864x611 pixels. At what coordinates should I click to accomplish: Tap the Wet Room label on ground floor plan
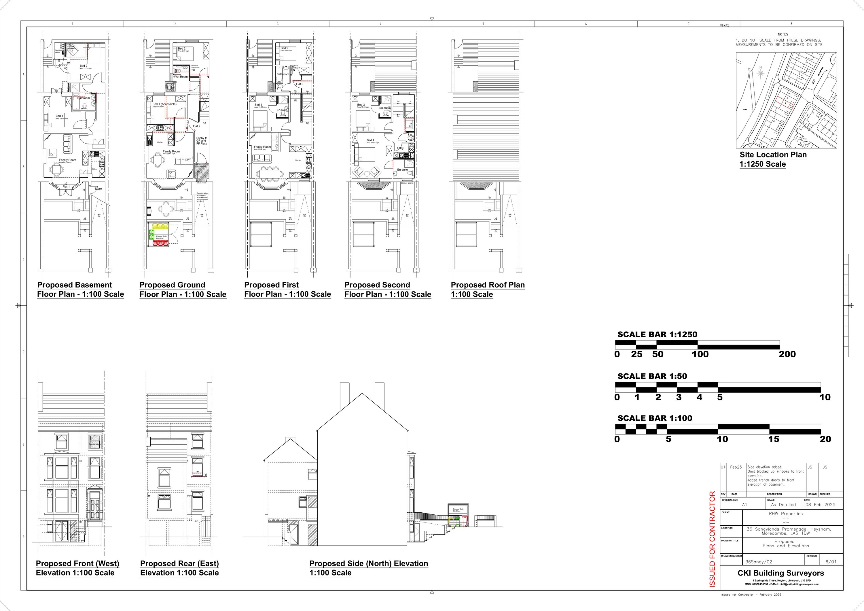pyautogui.click(x=181, y=77)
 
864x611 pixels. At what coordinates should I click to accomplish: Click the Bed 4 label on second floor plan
pyautogui.click(x=370, y=140)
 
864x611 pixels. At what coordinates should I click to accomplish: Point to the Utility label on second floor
pyautogui.click(x=400, y=148)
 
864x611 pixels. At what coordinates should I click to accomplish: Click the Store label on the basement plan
pyautogui.click(x=98, y=189)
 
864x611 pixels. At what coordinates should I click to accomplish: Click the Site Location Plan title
pyautogui.click(x=773, y=155)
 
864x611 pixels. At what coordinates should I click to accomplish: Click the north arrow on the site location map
pyautogui.click(x=761, y=72)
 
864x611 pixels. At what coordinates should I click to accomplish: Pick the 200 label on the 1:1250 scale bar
pyautogui.click(x=787, y=354)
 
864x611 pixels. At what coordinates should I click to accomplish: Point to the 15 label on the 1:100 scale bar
pyautogui.click(x=773, y=439)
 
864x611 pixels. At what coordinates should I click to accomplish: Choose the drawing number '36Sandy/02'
pyautogui.click(x=759, y=562)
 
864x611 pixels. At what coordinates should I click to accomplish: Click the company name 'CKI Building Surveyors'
pyautogui.click(x=780, y=573)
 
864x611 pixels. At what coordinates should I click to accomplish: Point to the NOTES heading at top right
pyautogui.click(x=782, y=35)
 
